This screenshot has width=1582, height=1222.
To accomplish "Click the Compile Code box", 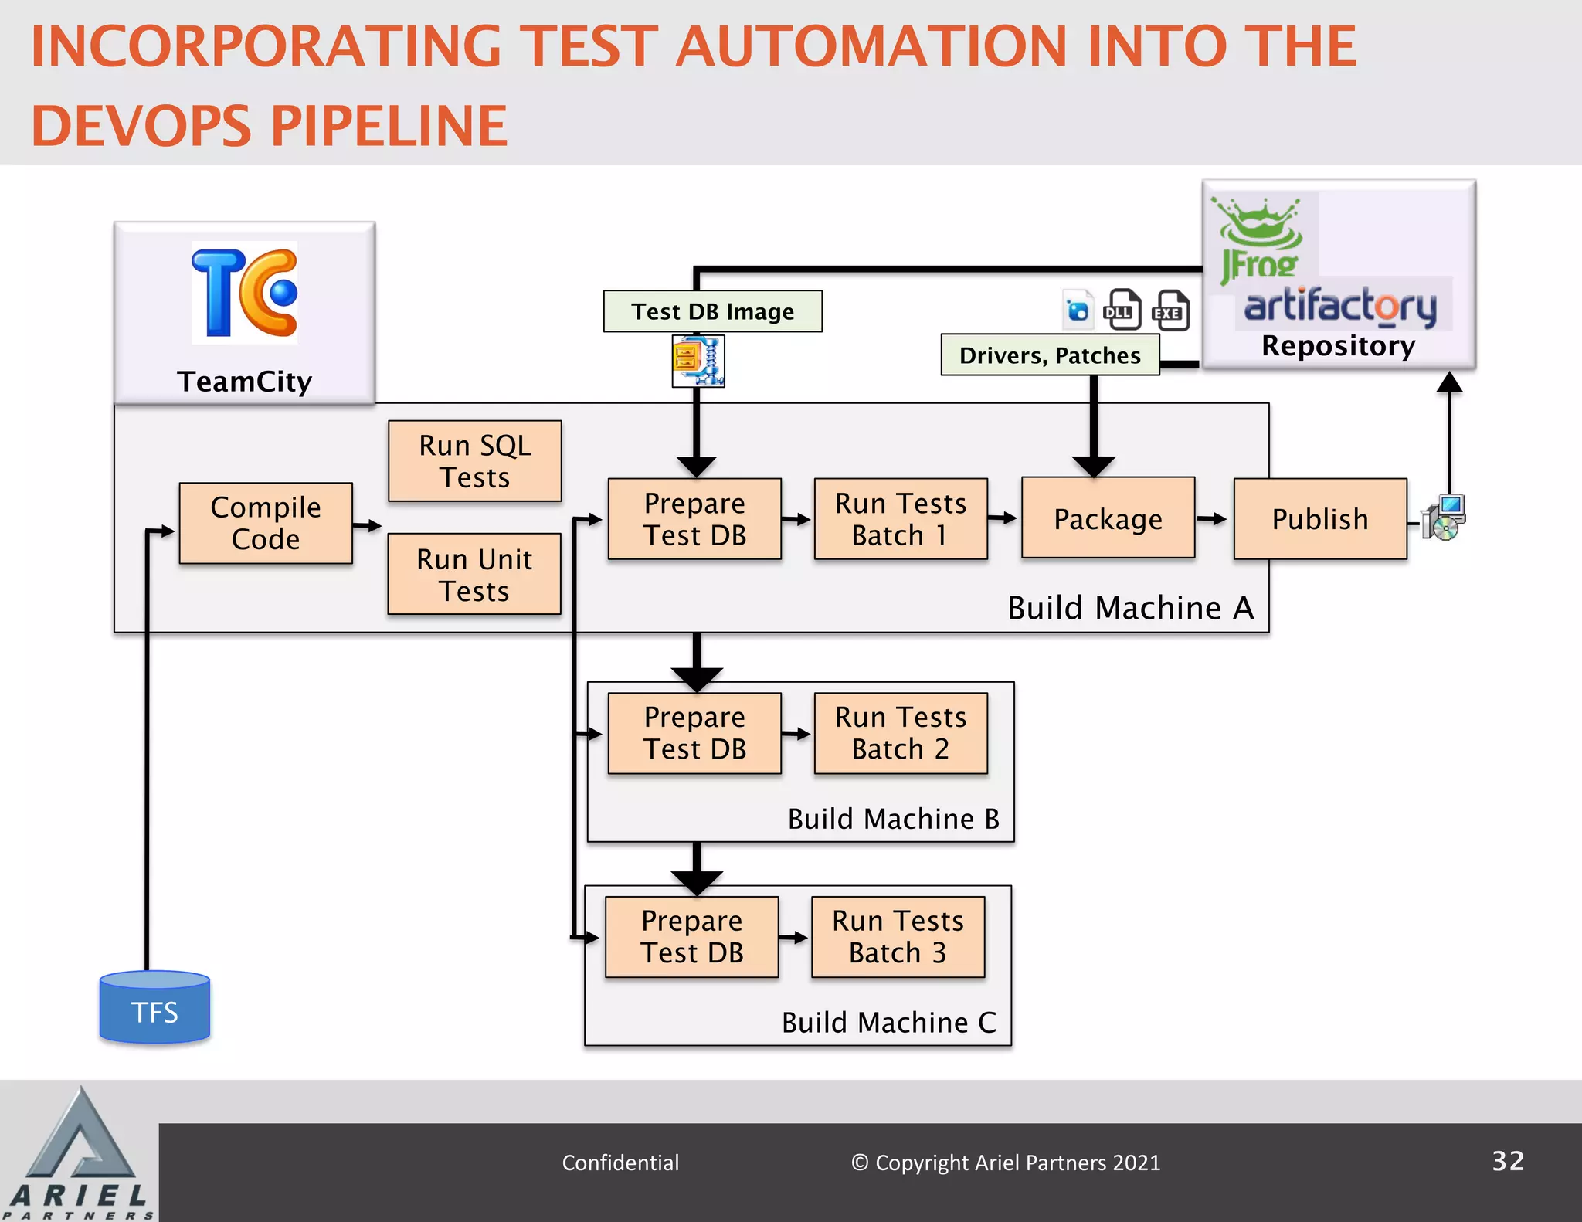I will click(x=266, y=523).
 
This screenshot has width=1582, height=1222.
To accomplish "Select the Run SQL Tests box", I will click(x=474, y=461).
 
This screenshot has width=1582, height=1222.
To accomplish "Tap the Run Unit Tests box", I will click(x=474, y=574).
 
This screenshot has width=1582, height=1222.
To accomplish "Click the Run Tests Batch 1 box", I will click(x=901, y=518).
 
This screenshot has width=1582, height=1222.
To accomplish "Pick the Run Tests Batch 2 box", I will click(x=901, y=733).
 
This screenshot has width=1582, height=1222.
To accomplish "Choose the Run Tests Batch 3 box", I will click(x=898, y=937).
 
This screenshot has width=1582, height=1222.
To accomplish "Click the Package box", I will click(x=1108, y=518).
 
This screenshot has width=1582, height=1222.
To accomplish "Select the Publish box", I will click(x=1320, y=518).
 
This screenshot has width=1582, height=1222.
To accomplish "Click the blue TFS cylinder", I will click(x=154, y=1008).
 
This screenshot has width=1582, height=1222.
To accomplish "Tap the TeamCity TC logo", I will click(x=244, y=293).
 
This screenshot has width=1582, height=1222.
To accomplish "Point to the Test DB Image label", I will click(x=712, y=311).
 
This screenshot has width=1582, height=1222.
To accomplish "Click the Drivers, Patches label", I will click(x=1050, y=355).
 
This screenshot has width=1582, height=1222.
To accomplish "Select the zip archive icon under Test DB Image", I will click(x=698, y=361).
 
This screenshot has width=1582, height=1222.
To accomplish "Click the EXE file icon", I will click(x=1171, y=311).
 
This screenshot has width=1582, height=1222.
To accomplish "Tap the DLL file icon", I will click(x=1123, y=310).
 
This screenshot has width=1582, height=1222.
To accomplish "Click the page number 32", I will click(x=1507, y=1161).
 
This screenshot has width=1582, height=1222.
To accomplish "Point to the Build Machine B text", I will click(x=893, y=819).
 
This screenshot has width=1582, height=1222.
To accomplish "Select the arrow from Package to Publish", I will click(x=1213, y=519).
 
